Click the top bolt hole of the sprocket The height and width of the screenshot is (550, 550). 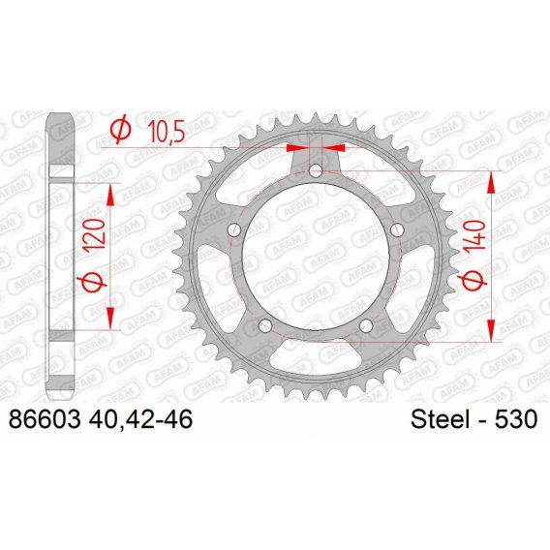pyautogui.click(x=316, y=171)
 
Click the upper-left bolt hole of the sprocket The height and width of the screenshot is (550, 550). pyautogui.click(x=234, y=230)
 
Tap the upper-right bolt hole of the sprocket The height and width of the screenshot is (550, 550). pyautogui.click(x=397, y=230)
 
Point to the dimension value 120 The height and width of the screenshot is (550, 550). pyautogui.click(x=94, y=234)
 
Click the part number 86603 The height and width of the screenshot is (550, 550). pyautogui.click(x=46, y=419)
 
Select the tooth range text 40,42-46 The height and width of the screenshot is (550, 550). pyautogui.click(x=140, y=419)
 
